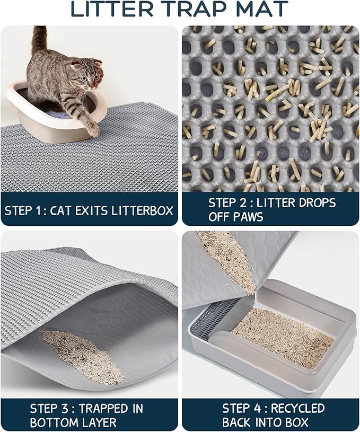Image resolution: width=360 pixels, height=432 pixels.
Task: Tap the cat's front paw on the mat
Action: [93, 129]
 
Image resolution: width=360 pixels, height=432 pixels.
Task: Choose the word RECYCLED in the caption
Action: [298, 408]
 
